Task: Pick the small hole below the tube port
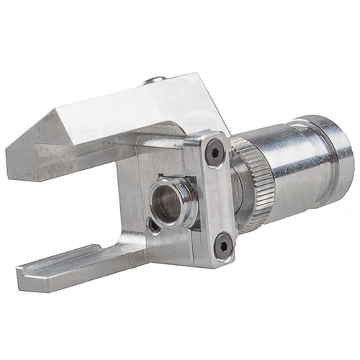(x=153, y=225)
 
